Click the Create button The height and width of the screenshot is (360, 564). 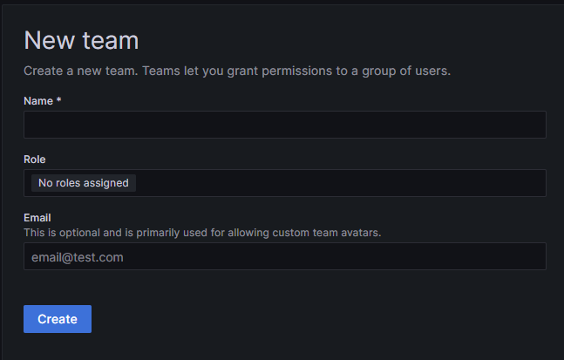(x=58, y=319)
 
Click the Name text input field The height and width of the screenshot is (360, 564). (x=284, y=125)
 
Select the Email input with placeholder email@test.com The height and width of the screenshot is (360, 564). (x=284, y=257)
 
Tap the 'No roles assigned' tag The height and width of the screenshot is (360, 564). (x=84, y=183)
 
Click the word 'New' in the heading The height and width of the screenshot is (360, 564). (x=51, y=40)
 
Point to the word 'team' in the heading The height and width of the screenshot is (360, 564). (x=111, y=40)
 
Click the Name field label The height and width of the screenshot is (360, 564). (x=38, y=101)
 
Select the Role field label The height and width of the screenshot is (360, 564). (x=35, y=160)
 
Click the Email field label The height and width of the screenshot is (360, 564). (x=37, y=218)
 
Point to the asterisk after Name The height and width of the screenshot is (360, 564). (x=59, y=101)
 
